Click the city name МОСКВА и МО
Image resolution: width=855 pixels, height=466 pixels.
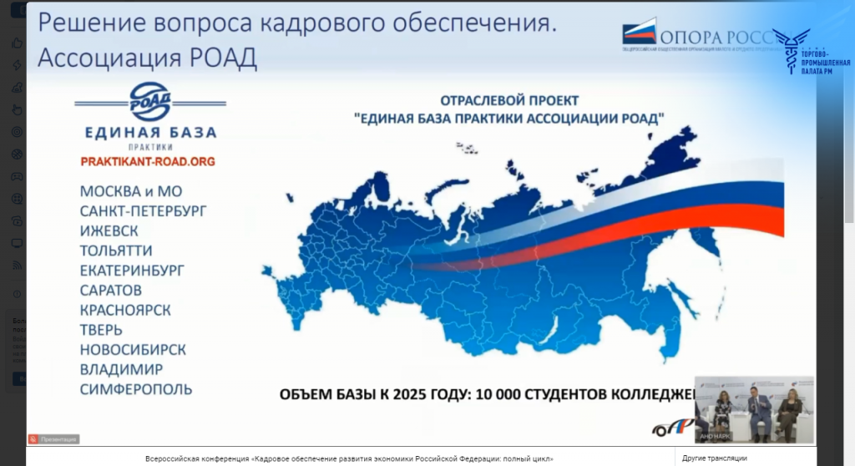[x=131, y=191]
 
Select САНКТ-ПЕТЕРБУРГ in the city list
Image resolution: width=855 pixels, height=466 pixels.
[x=143, y=211]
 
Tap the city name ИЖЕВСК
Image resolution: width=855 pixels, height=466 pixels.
[x=109, y=230]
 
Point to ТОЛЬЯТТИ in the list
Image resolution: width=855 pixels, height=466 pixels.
[x=116, y=251]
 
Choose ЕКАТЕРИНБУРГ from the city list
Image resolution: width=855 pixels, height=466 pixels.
[x=132, y=271]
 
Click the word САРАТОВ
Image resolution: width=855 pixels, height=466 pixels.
[x=111, y=291]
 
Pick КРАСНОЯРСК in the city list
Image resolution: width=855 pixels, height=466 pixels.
[x=125, y=310]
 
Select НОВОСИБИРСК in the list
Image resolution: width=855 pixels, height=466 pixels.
[x=133, y=350]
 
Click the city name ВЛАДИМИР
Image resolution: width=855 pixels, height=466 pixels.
[x=121, y=369]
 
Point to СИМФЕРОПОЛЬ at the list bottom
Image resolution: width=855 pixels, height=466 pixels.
[x=136, y=389]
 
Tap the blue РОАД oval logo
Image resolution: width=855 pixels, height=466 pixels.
[x=150, y=102]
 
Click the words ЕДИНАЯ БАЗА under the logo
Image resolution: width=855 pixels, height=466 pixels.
[x=150, y=133]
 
